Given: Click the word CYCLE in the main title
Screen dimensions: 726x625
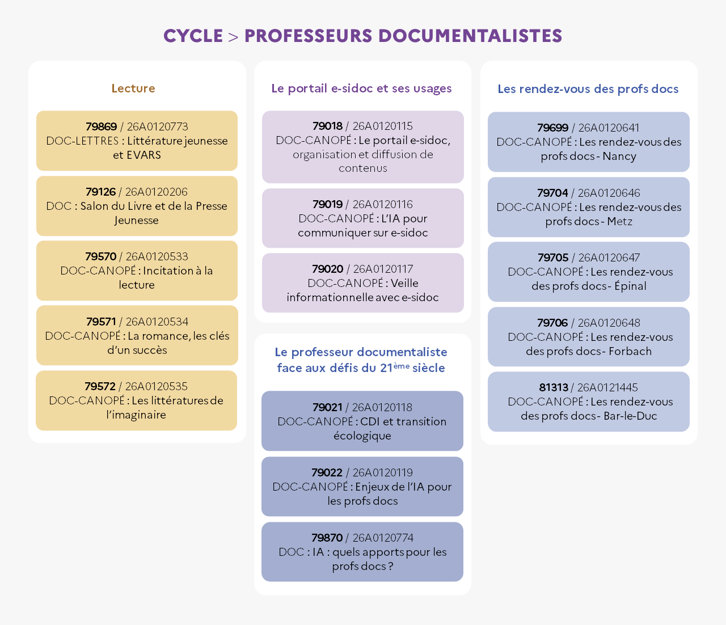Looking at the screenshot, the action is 193,36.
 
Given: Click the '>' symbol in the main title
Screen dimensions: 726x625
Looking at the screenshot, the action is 233,36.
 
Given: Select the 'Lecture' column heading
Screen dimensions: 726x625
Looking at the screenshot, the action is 133,88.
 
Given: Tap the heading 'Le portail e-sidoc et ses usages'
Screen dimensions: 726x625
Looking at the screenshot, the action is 361,88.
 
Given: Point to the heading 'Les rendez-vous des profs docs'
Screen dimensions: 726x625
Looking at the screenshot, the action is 588,89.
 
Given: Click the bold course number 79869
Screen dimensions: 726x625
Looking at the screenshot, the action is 101,126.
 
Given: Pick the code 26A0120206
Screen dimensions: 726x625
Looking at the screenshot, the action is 157,192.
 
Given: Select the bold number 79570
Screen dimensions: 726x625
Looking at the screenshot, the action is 100,256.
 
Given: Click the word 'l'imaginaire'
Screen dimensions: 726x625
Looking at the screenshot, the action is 136,415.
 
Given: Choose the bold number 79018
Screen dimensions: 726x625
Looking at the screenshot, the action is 327,126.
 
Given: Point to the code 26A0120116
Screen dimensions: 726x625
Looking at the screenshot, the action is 382,204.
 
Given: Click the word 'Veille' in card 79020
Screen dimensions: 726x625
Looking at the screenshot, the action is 404,283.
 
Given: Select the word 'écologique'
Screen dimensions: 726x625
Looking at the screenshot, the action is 362,436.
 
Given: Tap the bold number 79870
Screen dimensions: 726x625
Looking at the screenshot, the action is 327,538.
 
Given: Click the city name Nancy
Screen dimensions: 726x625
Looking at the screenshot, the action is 619,157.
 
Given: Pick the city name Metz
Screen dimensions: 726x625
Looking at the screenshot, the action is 619,222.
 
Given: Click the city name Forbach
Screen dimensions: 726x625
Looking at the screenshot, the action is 630,351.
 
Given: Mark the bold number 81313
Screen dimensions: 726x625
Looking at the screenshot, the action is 554,387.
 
